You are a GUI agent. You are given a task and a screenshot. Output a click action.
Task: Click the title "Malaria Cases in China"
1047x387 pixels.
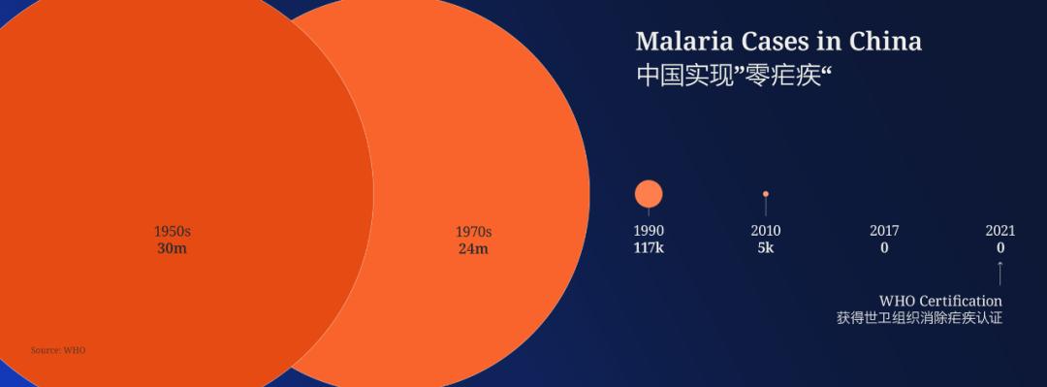pos(778,42)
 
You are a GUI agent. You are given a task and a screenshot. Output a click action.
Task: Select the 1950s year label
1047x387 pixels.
pos(173,232)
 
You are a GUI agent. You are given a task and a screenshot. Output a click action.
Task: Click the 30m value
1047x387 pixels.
pos(173,248)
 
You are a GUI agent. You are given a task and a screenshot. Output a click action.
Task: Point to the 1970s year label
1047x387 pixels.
pos(474,232)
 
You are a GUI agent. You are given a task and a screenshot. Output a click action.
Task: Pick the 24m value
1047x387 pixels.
pos(474,248)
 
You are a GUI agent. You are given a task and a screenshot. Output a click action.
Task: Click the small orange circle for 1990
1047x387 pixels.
pos(649,194)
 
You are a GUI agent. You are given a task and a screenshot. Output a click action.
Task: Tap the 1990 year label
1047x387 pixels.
pos(649,231)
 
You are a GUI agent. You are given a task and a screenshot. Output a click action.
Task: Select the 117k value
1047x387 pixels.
pos(649,247)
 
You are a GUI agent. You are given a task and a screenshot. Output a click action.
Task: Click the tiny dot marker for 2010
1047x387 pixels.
pos(766,194)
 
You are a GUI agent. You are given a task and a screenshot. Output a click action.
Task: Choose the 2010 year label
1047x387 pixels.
pos(766,231)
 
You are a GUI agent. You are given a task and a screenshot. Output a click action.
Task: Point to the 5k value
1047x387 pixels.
pos(766,247)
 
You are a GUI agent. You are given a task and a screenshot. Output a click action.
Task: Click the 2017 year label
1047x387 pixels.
pos(884,231)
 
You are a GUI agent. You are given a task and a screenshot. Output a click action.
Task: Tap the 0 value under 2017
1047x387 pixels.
pos(884,247)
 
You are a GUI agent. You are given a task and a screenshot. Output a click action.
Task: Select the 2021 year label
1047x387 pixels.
pos(1000,231)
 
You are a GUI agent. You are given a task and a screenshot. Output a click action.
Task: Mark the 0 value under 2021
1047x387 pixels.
pos(1000,247)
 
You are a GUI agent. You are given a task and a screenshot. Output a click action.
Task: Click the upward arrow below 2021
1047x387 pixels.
pos(1000,273)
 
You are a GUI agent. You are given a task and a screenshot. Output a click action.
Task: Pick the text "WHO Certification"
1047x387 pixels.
pos(940,301)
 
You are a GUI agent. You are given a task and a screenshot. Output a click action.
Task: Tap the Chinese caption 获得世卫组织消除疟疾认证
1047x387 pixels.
pos(919,318)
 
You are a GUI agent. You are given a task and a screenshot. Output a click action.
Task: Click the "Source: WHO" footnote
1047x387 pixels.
pos(57,350)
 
